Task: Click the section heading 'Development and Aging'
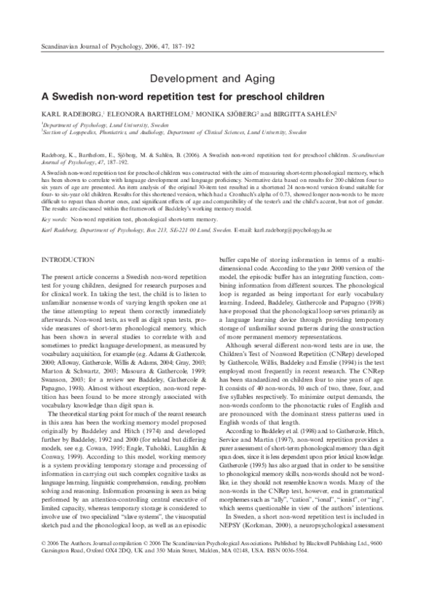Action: [217, 79]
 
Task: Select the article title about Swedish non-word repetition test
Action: [217, 96]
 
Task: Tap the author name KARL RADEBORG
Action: [71, 115]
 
